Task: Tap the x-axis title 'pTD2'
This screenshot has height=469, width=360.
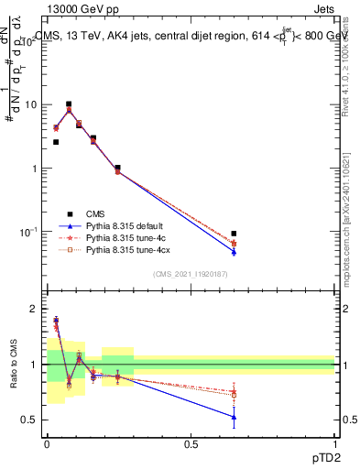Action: pyautogui.click(x=320, y=456)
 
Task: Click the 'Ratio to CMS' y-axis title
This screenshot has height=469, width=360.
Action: pyautogui.click(x=12, y=365)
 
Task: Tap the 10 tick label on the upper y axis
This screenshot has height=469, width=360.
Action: pyautogui.click(x=30, y=104)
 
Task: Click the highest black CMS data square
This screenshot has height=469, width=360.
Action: pyautogui.click(x=69, y=104)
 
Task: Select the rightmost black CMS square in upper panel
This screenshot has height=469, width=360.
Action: pyautogui.click(x=234, y=234)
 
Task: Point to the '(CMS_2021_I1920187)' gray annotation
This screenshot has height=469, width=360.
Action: pyautogui.click(x=190, y=275)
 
